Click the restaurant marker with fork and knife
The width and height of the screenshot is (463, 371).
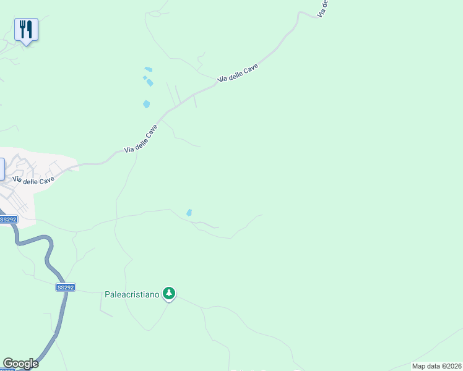tap(26, 29)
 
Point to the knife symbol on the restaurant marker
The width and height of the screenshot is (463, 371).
tap(30, 28)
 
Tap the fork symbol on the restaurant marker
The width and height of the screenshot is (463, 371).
tap(23, 28)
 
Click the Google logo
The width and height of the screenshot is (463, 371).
tap(20, 364)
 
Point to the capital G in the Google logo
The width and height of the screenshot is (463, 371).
tap(8, 364)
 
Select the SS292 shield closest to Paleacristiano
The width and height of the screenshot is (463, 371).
tap(65, 288)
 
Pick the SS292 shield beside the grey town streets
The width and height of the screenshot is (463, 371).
tap(8, 220)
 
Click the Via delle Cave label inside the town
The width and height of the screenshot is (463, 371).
tap(34, 180)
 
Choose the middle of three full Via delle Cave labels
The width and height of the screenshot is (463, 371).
tap(141, 139)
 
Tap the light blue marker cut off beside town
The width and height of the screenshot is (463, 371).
tap(2, 169)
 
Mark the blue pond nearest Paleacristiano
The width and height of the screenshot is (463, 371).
tap(189, 213)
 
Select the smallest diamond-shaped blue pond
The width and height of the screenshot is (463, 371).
tap(145, 78)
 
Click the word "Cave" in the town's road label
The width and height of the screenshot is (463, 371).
tap(46, 179)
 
